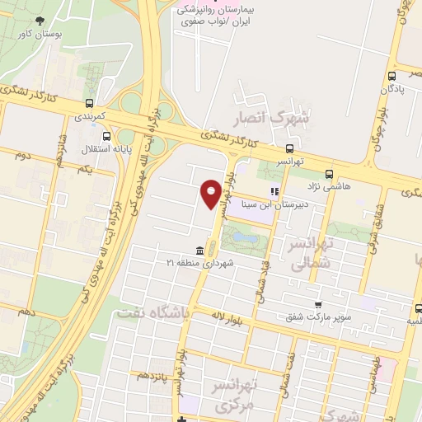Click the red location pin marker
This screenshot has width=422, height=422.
click(x=211, y=193)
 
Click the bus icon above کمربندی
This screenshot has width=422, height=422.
click(x=89, y=104)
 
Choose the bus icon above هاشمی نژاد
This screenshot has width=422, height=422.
click(x=330, y=174)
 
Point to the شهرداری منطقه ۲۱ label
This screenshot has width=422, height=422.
click(x=200, y=263)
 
